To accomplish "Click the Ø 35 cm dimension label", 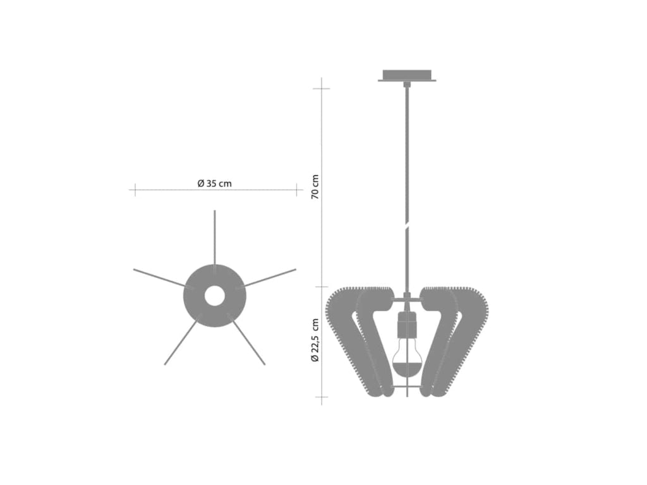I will (x=214, y=184).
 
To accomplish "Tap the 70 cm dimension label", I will (x=315, y=187).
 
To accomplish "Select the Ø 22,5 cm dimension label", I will (x=315, y=340).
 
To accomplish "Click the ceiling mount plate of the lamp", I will (x=407, y=76).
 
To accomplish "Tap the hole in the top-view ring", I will (x=214, y=296).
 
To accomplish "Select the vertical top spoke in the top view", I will (x=214, y=237).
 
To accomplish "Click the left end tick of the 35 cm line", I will (x=134, y=189).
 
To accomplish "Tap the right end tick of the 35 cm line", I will (x=296, y=189).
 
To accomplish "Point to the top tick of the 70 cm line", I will (x=322, y=88).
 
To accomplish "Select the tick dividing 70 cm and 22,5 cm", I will (x=322, y=287).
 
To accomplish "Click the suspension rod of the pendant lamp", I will (x=407, y=189).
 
